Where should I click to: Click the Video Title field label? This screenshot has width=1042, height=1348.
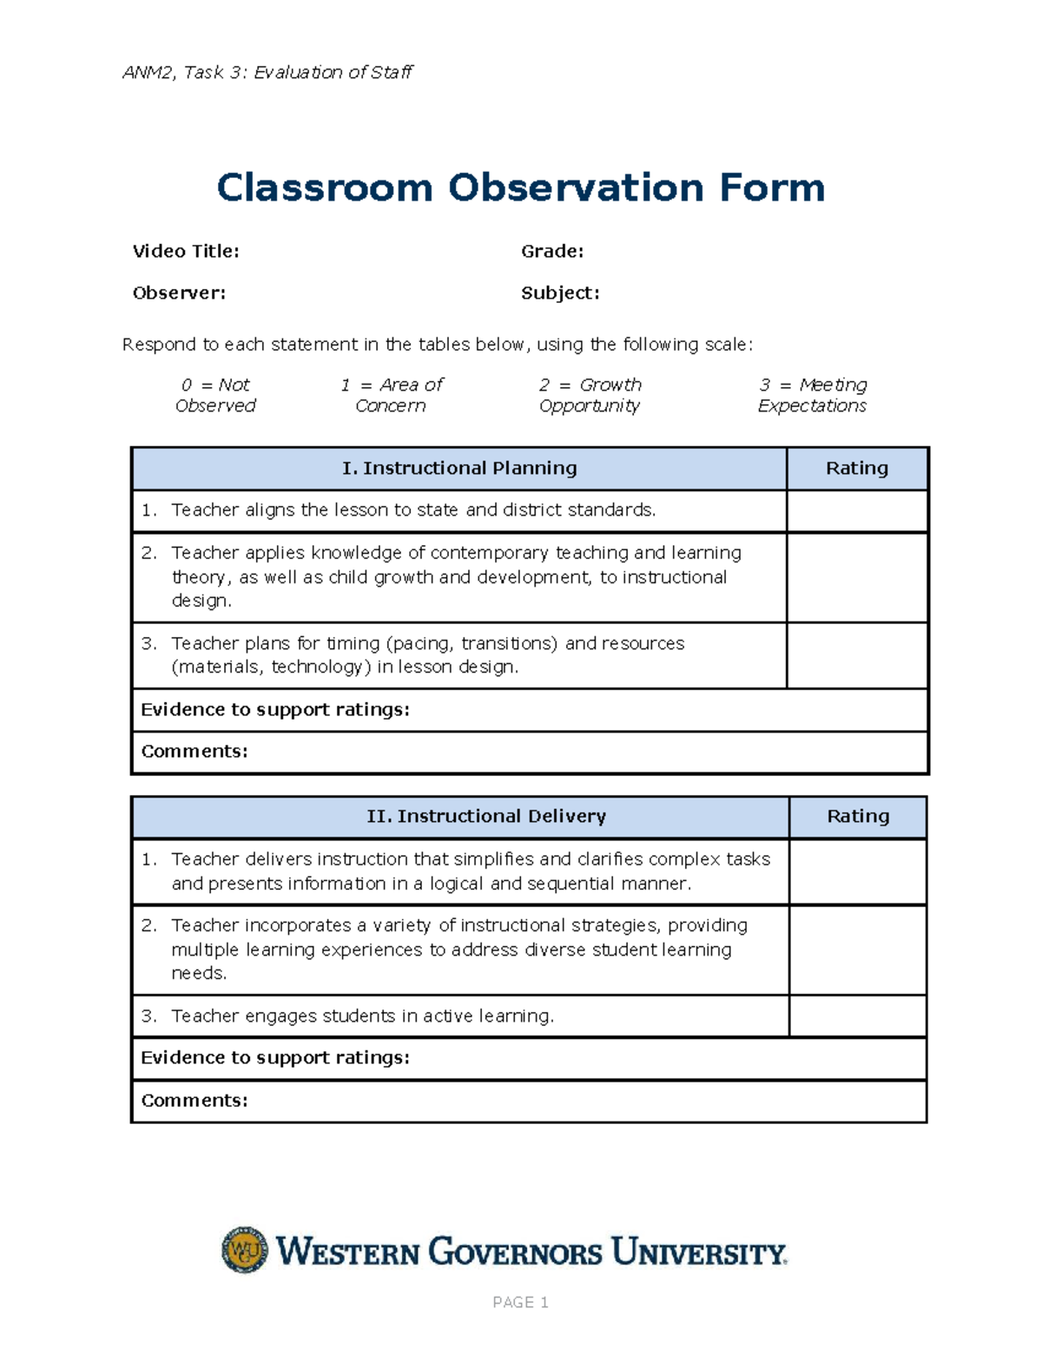coord(186,252)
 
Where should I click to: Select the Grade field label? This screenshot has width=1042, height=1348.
coord(552,252)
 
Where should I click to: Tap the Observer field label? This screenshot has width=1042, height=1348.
coord(179,293)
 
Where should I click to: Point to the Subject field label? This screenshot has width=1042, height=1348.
coord(560,293)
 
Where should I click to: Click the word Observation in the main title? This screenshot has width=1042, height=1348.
coord(575,188)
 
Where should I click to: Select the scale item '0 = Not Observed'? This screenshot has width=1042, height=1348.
coord(215,395)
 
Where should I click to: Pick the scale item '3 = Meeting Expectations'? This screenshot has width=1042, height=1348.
coord(812,395)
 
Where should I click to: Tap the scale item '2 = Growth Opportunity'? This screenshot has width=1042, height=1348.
coord(590,395)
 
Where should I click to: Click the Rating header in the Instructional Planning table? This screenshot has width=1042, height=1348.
coord(856,469)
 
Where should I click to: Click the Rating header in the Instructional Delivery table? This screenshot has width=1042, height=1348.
coord(857,817)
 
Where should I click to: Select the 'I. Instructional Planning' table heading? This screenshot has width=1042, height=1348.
coord(459,469)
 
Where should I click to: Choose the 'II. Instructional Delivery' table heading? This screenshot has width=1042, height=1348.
coord(486,817)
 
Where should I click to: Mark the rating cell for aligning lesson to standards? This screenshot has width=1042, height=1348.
coord(856,511)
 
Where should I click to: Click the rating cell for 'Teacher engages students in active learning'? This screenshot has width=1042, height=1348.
coord(857,1016)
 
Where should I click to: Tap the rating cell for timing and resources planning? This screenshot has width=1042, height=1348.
coord(856,656)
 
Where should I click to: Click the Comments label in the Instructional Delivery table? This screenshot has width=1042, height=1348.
coord(195,1101)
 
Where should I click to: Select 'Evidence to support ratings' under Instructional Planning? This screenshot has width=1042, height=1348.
coord(275,710)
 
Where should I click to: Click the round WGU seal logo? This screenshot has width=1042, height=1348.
coord(245,1251)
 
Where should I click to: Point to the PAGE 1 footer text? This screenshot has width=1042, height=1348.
coord(520,1302)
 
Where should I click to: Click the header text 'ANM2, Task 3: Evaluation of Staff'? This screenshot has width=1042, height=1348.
coord(267,73)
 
